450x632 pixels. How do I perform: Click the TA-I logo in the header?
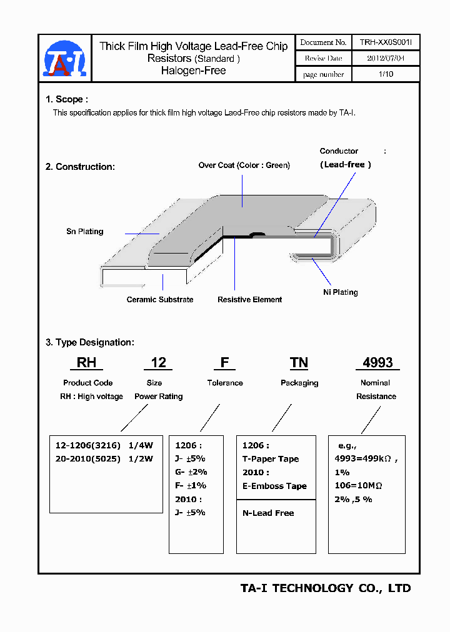(x=64, y=58)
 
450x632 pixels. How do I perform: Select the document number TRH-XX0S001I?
(x=386, y=42)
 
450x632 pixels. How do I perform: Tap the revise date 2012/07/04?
(x=386, y=58)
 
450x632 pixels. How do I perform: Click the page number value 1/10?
(x=386, y=74)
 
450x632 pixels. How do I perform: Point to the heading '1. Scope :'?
(x=67, y=99)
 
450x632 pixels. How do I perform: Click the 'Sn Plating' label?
(x=85, y=232)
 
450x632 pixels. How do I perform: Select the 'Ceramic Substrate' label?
(x=160, y=300)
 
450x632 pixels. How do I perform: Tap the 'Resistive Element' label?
(x=249, y=300)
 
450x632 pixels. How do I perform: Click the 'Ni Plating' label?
(x=341, y=292)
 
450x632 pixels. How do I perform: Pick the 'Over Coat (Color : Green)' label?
(x=244, y=165)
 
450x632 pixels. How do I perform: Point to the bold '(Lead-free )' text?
(x=346, y=164)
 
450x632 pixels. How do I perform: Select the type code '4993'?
(x=377, y=363)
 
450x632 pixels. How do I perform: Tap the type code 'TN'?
(x=299, y=363)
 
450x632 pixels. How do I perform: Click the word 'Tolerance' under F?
(x=225, y=383)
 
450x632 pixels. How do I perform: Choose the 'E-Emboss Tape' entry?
(x=274, y=486)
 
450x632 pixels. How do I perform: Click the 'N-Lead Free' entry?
(x=268, y=513)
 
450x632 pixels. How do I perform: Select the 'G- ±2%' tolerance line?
(x=191, y=472)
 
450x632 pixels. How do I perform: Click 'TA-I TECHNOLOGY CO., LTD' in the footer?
(x=326, y=588)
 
